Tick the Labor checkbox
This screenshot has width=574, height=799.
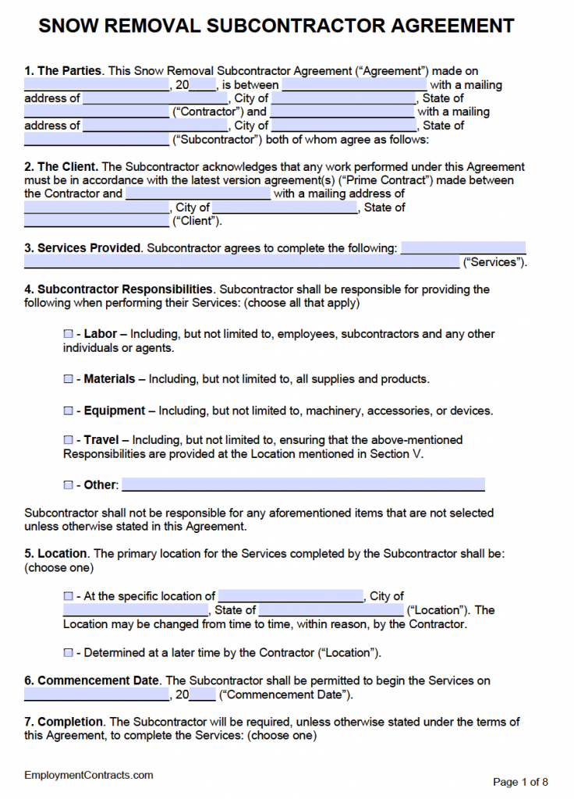pyautogui.click(x=68, y=334)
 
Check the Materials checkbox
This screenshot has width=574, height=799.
pyautogui.click(x=68, y=379)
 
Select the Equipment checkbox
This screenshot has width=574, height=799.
pyautogui.click(x=68, y=410)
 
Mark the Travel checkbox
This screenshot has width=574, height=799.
pyautogui.click(x=68, y=440)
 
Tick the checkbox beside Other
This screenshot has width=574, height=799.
pyautogui.click(x=68, y=485)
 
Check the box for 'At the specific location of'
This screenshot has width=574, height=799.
pyautogui.click(x=68, y=596)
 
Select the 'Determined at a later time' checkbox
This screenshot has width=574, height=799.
pyautogui.click(x=68, y=652)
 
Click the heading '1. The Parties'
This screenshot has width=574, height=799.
pyautogui.click(x=62, y=71)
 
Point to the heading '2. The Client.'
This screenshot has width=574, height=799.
pyautogui.click(x=61, y=166)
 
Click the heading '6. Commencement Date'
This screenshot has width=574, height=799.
pyautogui.click(x=92, y=680)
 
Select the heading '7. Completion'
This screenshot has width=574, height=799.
pyautogui.click(x=64, y=722)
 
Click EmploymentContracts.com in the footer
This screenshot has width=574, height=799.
pyautogui.click(x=88, y=775)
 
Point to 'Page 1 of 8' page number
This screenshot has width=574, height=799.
pyautogui.click(x=520, y=781)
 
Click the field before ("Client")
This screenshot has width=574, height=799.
pyautogui.click(x=96, y=221)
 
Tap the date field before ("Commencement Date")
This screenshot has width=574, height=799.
pyautogui.click(x=96, y=694)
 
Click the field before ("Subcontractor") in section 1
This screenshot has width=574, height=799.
pyautogui.click(x=96, y=140)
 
